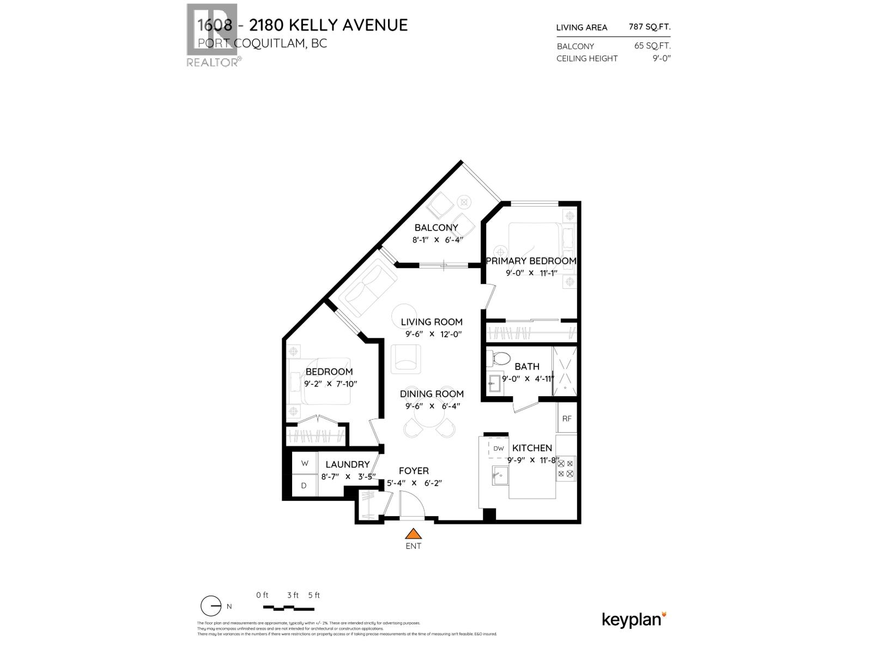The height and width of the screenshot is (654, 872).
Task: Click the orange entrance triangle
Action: [x=414, y=534]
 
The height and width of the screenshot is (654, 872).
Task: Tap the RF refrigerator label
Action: [x=567, y=419]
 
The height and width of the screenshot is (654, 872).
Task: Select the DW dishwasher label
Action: [x=499, y=449]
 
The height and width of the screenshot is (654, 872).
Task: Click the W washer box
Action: [x=305, y=463]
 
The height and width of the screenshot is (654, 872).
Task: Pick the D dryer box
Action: [x=304, y=485]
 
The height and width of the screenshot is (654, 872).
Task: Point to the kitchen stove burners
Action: [x=566, y=468]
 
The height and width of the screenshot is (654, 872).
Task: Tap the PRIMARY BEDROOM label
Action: [x=531, y=261]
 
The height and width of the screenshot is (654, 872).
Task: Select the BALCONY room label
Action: [x=436, y=227]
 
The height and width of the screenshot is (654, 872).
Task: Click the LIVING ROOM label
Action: [x=432, y=322]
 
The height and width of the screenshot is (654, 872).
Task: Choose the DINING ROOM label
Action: [x=432, y=393]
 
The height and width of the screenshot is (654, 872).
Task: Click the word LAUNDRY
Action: [x=348, y=464]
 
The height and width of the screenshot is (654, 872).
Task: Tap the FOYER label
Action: [x=414, y=471]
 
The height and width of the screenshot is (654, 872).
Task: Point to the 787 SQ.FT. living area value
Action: [x=650, y=26]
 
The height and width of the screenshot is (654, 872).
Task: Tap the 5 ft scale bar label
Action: [x=314, y=595]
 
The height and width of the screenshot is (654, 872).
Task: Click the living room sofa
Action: [x=367, y=287]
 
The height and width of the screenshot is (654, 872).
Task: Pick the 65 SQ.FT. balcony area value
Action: [x=652, y=46]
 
